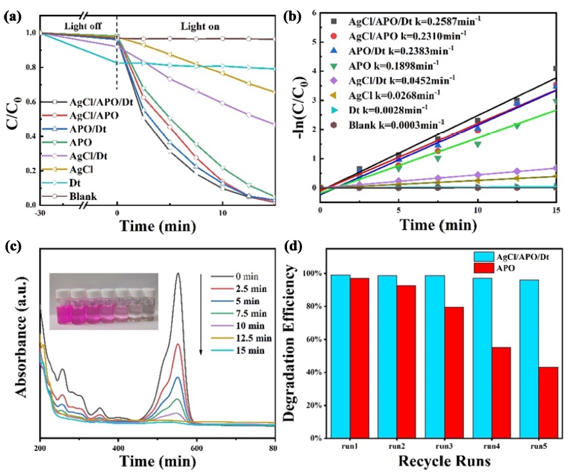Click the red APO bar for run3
[454, 372]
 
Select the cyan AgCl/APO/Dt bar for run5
[529, 359]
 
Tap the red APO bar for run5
[548, 403]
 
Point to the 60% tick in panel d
[316, 340]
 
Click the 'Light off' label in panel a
[83, 26]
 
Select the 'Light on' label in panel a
[200, 26]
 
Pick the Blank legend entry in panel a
[69, 196]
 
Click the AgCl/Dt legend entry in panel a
[74, 156]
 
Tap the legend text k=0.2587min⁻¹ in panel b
[448, 21]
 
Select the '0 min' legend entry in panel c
[235, 277]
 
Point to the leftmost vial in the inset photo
[64, 306]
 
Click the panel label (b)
[292, 17]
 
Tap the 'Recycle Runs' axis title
[444, 461]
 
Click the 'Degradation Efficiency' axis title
[288, 343]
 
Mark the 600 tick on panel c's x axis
[196, 448]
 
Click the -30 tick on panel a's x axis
[40, 213]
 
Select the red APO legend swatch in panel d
[484, 268]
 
